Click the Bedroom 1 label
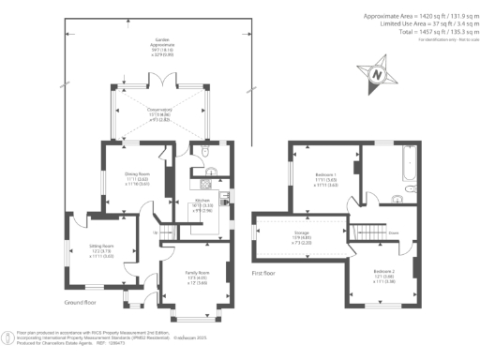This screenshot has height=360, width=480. pyautogui.click(x=327, y=180)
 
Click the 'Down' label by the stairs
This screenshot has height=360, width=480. pyautogui.click(x=396, y=232)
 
